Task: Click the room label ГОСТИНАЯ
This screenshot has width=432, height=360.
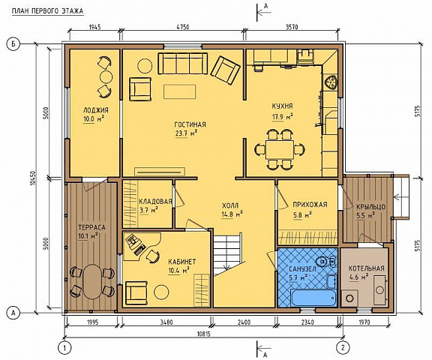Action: tap(190, 124)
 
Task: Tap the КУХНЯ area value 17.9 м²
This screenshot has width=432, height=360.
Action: tap(283, 117)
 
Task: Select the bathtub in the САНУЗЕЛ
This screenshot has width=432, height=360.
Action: tap(313, 297)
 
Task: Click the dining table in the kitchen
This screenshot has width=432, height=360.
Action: tap(280, 149)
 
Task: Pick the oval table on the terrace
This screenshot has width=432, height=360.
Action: tap(92, 281)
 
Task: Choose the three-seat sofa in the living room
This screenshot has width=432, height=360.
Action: tap(183, 63)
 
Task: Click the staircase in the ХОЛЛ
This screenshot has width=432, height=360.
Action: tap(229, 254)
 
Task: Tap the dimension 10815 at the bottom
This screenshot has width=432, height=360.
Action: tap(204, 334)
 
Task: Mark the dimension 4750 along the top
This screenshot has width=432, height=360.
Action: tap(183, 27)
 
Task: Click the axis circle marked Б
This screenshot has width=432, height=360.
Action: tap(13, 43)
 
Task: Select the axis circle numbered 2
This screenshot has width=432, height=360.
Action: tap(343, 346)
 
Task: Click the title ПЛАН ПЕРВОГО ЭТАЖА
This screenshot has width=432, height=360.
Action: tap(48, 11)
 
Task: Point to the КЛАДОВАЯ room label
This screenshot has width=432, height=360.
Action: tap(156, 201)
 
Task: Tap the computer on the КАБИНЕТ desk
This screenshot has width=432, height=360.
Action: tap(135, 244)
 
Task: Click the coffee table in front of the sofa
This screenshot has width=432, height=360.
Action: tap(180, 91)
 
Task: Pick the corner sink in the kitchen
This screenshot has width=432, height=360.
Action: tap(330, 82)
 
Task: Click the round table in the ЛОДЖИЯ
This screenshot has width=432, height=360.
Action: tap(106, 76)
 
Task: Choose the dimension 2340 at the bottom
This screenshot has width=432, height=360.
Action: tap(307, 322)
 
